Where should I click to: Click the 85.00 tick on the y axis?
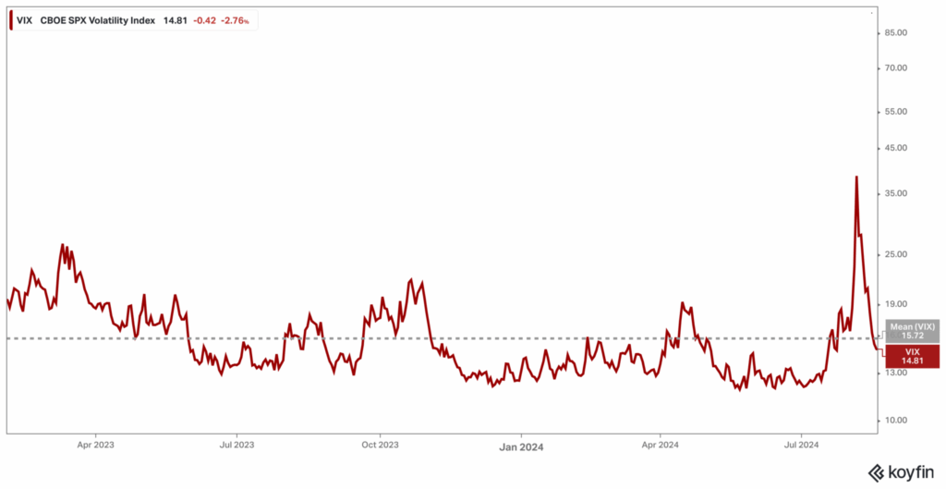(897, 32)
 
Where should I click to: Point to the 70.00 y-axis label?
(897, 68)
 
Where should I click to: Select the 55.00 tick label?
(897, 112)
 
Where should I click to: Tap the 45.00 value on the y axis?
(897, 148)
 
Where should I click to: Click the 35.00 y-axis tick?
(897, 193)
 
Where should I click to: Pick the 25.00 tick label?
(897, 254)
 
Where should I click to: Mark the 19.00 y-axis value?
(897, 303)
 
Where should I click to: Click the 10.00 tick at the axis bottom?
(897, 420)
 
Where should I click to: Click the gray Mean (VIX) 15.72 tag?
(913, 331)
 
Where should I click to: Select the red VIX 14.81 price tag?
(913, 356)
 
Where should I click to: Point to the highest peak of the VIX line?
(856, 177)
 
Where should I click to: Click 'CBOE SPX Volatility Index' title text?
(98, 18)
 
